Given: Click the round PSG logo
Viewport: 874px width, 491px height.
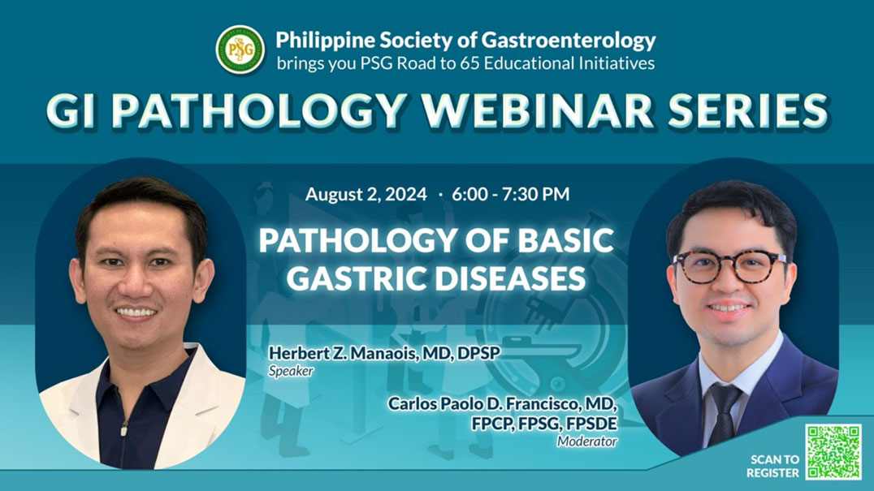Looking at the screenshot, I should click(240, 50).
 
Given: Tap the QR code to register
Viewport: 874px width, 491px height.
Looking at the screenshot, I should click(833, 452).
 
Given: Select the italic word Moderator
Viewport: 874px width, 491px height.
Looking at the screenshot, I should click(586, 441).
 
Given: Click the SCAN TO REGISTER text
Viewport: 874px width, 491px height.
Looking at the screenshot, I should click(774, 465).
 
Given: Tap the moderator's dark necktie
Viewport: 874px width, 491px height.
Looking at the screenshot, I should click(723, 413).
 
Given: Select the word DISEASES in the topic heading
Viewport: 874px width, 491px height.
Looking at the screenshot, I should click(513, 278).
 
